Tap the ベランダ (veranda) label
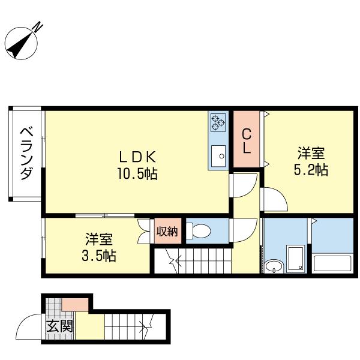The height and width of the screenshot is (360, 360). click(x=26, y=154)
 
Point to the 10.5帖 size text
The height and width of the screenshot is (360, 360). click(x=137, y=175)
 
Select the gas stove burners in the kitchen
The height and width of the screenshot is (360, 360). click(x=217, y=123)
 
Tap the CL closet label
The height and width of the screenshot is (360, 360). click(x=246, y=140)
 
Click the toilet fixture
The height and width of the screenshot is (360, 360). click(x=197, y=231)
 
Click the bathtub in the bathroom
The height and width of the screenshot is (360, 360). click(x=332, y=264)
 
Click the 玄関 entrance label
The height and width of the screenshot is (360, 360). click(x=59, y=327)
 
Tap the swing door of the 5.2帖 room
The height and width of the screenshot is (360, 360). click(x=275, y=199)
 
